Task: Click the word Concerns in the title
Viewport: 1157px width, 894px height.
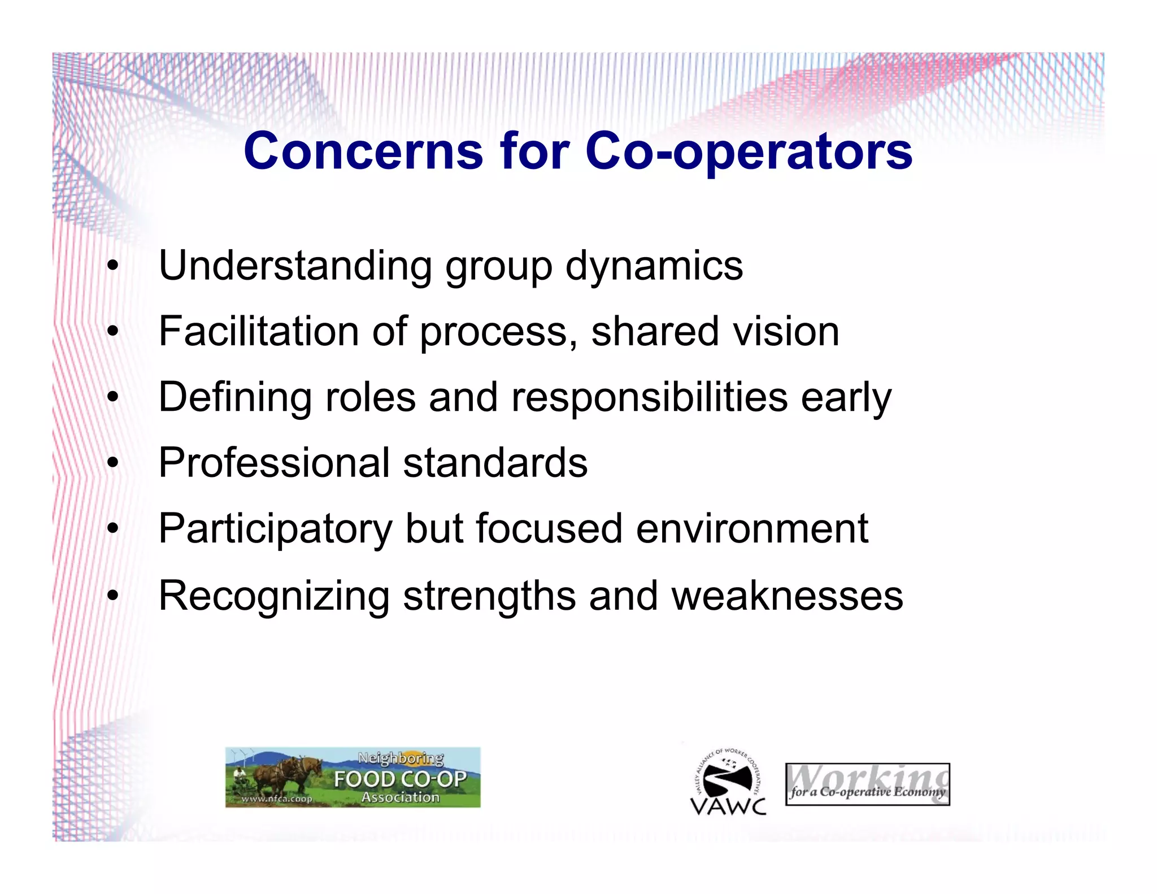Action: pos(363,151)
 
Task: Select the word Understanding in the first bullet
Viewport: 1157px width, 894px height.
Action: pos(295,266)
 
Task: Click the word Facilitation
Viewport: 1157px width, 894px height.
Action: pos(259,332)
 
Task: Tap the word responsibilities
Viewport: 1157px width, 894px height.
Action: pos(650,397)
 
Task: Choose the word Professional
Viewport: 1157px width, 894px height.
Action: pos(275,463)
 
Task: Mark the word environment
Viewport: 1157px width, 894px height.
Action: pos(752,529)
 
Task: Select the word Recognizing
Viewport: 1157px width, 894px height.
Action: pos(274,596)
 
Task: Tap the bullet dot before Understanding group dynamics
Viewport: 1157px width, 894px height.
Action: pos(114,266)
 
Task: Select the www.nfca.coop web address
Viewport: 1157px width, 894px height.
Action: pos(277,798)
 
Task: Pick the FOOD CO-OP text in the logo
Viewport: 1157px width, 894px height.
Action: pos(400,779)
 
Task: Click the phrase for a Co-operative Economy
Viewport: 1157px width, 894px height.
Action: pos(867,792)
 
